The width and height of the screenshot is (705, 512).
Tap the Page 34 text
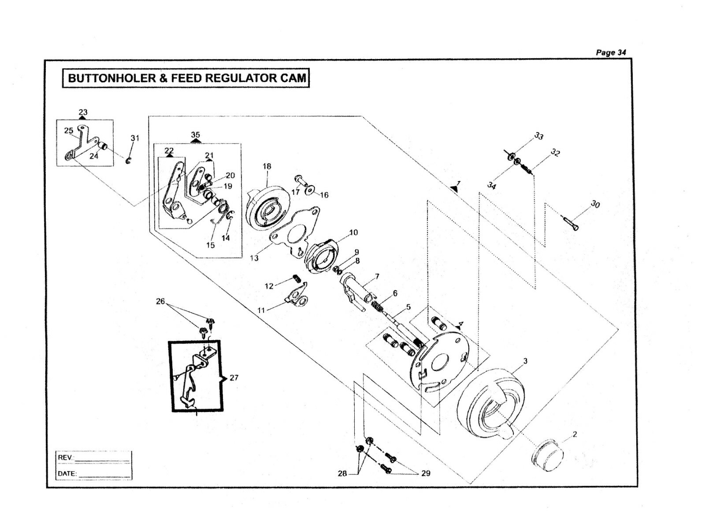(x=611, y=52)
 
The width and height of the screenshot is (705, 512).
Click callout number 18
(x=267, y=167)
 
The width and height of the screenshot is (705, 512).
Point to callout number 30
(x=595, y=204)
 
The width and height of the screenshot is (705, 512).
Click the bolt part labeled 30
(x=571, y=223)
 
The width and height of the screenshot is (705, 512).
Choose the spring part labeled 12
(x=297, y=279)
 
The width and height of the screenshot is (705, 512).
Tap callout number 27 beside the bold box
(x=234, y=378)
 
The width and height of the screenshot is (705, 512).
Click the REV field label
(x=65, y=457)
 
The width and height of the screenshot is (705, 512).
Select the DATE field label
(x=67, y=474)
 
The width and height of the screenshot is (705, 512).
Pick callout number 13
(x=254, y=258)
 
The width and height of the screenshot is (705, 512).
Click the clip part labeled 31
(x=128, y=161)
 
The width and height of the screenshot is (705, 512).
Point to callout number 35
(x=196, y=135)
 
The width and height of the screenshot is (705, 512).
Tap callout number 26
(x=160, y=301)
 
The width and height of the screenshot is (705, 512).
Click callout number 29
(x=426, y=473)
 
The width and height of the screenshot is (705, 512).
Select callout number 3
(x=525, y=361)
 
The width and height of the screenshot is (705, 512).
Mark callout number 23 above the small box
(x=83, y=112)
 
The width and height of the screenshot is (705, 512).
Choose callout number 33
(x=539, y=136)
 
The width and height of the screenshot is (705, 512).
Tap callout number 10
(x=353, y=233)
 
